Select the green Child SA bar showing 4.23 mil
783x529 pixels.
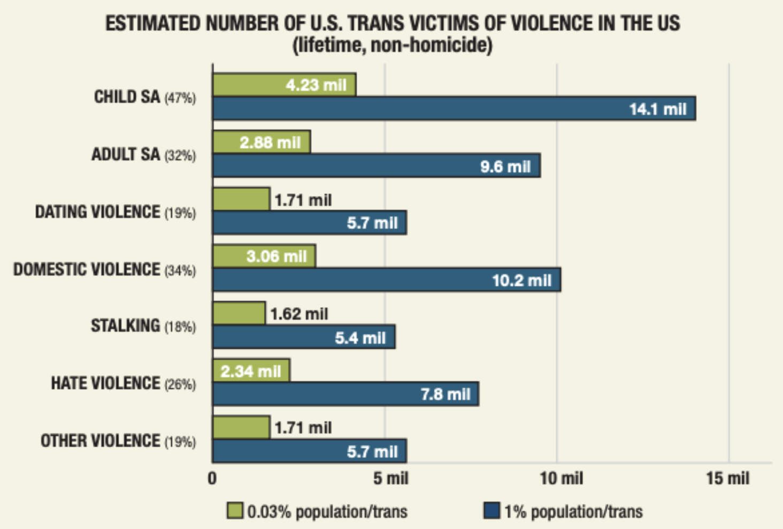click(x=284, y=85)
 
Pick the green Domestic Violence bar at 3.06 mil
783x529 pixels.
click(x=264, y=256)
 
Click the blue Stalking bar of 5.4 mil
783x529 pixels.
click(x=303, y=337)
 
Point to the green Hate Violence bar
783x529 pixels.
click(x=251, y=371)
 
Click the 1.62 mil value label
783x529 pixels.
click(x=299, y=314)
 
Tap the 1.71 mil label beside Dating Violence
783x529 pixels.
click(x=303, y=200)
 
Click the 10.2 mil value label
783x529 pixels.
click(x=521, y=281)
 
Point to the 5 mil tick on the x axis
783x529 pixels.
click(x=390, y=478)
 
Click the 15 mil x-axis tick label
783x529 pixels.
click(x=727, y=478)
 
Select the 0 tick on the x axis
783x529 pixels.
click(x=212, y=478)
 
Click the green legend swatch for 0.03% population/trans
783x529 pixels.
click(x=234, y=511)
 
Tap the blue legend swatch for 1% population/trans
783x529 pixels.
click(x=492, y=511)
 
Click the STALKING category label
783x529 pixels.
click(x=125, y=326)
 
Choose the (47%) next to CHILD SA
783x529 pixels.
click(x=180, y=98)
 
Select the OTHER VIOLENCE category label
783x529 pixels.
click(x=100, y=441)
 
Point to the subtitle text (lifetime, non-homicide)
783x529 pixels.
click(x=392, y=45)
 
